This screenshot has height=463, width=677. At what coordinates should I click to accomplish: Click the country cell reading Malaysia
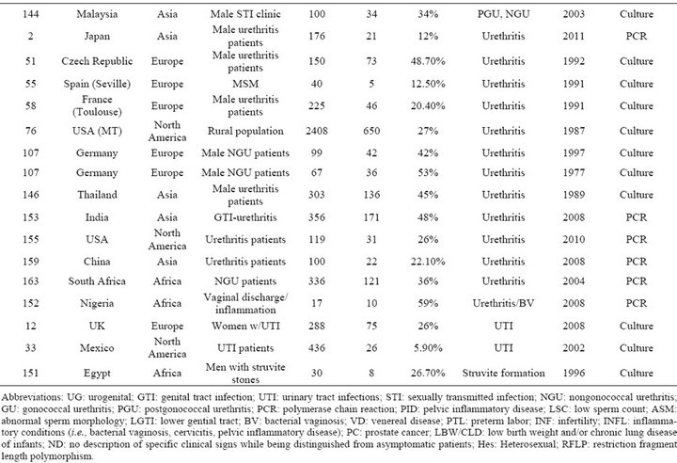tap(97, 14)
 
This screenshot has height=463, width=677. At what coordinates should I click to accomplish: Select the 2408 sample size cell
tap(317, 131)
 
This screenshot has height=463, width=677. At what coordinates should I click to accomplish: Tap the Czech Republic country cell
tap(97, 61)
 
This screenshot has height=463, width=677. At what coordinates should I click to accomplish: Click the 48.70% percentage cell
tap(428, 61)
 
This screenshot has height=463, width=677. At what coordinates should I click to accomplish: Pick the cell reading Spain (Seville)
tap(97, 84)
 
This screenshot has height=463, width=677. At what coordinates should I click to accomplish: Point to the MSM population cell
tap(245, 84)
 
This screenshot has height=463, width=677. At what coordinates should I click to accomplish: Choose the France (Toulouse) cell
tap(97, 106)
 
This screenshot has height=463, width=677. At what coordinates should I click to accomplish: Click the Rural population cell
tap(245, 131)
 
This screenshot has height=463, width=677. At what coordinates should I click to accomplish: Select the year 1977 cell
tap(574, 173)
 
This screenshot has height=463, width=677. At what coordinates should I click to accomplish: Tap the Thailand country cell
tap(97, 195)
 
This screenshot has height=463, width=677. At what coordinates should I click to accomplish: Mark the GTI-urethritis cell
tap(245, 217)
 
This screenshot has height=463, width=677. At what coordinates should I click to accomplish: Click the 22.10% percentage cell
tap(428, 262)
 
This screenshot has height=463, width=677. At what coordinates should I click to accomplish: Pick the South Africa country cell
tap(97, 281)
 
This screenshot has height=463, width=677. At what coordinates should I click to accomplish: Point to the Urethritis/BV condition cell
tap(503, 303)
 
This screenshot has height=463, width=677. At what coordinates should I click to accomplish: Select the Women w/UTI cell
tap(245, 326)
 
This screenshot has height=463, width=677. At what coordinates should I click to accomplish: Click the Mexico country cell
tap(97, 348)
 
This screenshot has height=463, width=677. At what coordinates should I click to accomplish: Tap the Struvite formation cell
tap(503, 373)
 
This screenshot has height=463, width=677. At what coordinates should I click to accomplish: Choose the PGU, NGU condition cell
tap(503, 14)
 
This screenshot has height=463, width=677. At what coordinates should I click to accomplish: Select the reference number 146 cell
tap(30, 195)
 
